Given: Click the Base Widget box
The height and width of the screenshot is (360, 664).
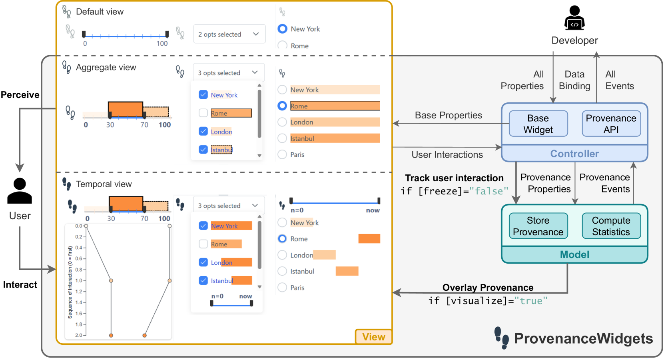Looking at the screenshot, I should [x=538, y=124].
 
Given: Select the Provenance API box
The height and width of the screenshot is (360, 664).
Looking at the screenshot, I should [x=611, y=124].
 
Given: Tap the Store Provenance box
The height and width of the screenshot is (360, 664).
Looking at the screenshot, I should [x=538, y=226].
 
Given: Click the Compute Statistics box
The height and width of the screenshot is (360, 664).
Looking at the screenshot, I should [x=611, y=226].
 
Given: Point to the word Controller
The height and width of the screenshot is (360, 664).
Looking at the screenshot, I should [x=574, y=154].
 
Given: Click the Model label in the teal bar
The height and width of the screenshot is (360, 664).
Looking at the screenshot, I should [x=574, y=255].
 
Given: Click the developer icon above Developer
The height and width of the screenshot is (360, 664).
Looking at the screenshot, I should [x=574, y=18].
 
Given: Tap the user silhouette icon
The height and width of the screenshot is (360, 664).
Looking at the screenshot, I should [x=20, y=191].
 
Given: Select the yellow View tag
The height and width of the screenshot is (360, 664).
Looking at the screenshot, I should [x=373, y=337].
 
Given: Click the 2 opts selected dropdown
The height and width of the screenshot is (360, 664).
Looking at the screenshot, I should [x=229, y=34].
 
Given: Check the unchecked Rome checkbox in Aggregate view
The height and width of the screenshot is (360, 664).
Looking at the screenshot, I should [x=203, y=113].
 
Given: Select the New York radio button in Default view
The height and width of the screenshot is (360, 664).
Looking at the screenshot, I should [x=282, y=29].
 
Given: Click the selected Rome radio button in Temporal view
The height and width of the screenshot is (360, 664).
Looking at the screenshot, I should [x=282, y=239].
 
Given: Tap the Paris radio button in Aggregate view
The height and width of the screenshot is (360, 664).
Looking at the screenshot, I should [x=282, y=154].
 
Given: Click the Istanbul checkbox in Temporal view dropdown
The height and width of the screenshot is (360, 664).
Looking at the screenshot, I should [x=203, y=281].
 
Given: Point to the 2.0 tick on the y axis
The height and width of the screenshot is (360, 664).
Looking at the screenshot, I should [x=79, y=335].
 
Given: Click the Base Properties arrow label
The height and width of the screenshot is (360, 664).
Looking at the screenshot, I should [x=448, y=115].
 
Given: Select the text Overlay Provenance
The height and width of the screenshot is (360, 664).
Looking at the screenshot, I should [x=488, y=288].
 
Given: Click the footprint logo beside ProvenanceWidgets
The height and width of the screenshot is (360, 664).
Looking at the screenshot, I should [x=501, y=338].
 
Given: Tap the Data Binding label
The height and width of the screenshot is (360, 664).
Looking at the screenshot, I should [x=574, y=80].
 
